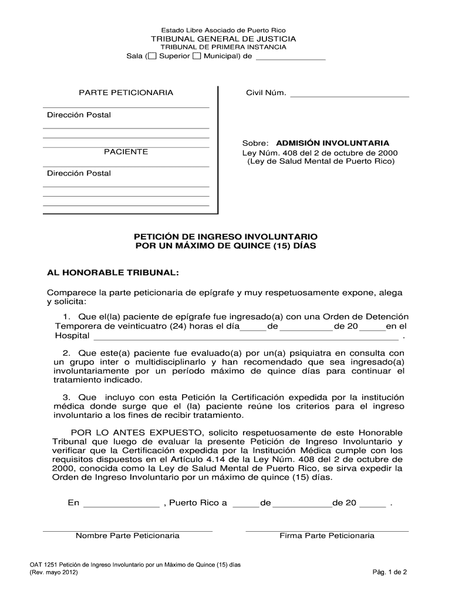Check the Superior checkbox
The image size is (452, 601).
(x=152, y=56)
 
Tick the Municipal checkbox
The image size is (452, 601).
(x=197, y=56)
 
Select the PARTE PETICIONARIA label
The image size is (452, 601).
(x=126, y=93)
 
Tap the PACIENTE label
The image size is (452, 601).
(x=126, y=152)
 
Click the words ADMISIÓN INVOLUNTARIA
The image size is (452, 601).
(x=332, y=143)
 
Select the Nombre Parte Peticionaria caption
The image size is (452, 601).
(x=127, y=536)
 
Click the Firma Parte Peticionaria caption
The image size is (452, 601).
(x=327, y=536)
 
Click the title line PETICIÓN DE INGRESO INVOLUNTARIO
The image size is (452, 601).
(x=226, y=237)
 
